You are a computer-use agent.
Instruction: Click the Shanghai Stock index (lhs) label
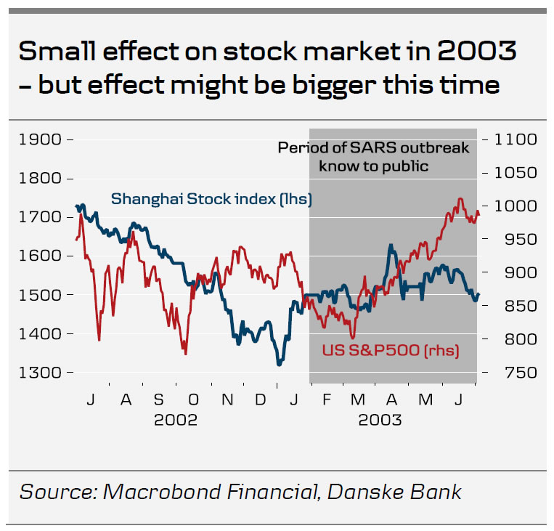click(211, 198)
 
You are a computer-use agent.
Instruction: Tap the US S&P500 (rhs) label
click(390, 350)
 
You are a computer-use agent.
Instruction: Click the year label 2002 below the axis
click(176, 420)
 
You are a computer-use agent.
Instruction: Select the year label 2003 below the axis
click(380, 420)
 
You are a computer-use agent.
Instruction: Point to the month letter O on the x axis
click(193, 400)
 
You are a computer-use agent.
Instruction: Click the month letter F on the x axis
click(327, 400)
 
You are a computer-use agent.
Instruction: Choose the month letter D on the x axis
click(261, 400)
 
